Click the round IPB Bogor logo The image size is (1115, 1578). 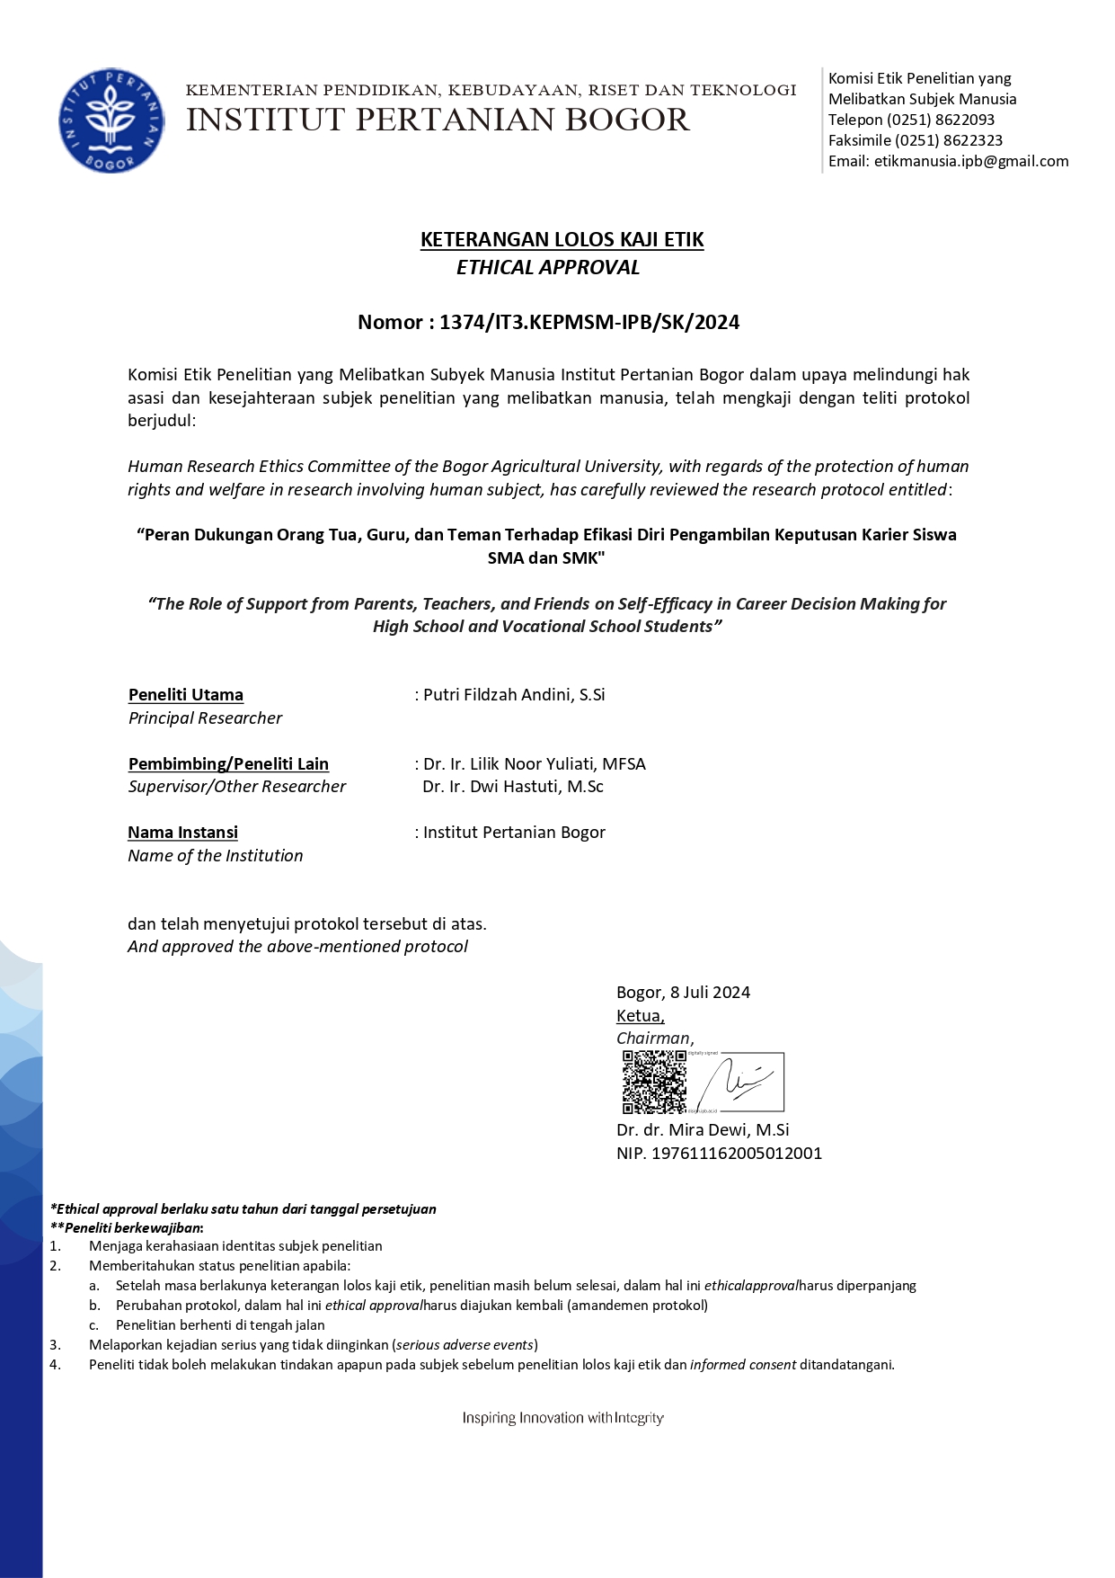tap(111, 120)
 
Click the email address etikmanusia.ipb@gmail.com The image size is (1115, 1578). tap(971, 161)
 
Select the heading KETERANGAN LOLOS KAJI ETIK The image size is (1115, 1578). tap(562, 239)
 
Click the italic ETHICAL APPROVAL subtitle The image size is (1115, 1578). tap(548, 267)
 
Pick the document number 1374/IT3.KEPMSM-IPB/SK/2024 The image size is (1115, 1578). tap(589, 322)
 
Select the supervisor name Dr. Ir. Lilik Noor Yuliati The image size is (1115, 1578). tap(535, 763)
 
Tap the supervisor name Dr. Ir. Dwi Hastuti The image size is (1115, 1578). tap(513, 786)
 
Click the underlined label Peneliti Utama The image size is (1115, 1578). tap(186, 694)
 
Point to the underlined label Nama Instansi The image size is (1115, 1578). tap(182, 832)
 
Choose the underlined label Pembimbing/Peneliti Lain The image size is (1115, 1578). tap(228, 763)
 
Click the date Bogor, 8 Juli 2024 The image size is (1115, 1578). tap(683, 992)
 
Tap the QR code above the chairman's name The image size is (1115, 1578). tap(654, 1082)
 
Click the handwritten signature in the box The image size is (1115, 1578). tap(739, 1082)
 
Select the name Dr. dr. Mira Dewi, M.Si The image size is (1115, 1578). tap(703, 1129)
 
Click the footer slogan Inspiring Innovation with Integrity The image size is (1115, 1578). tap(563, 1418)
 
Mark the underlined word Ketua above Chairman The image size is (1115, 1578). tap(640, 1015)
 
